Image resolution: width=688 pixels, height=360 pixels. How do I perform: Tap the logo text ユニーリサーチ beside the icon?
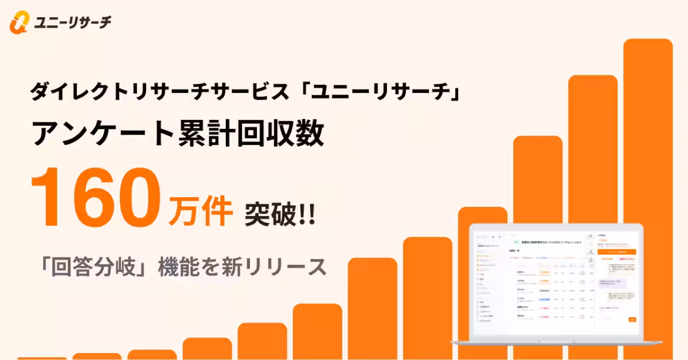(72, 22)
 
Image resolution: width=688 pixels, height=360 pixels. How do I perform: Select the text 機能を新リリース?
(241, 267)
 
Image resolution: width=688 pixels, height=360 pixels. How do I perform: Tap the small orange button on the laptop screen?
(632, 319)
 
